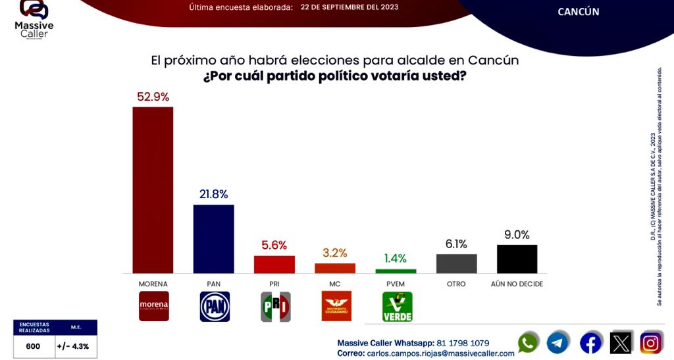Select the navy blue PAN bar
(x=213, y=238)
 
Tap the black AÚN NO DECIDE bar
(x=517, y=259)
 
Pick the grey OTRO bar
(x=456, y=263)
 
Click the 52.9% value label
(x=153, y=97)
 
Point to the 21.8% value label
(x=213, y=194)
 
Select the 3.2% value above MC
(x=334, y=253)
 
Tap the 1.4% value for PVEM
(x=396, y=258)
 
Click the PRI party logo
(x=275, y=307)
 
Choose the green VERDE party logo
(x=397, y=307)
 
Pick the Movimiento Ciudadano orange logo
(x=336, y=307)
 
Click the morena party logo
(x=153, y=306)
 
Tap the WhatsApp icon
(x=528, y=343)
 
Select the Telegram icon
(x=557, y=343)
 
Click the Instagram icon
(x=651, y=343)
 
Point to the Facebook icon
(x=590, y=343)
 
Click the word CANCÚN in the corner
(x=578, y=12)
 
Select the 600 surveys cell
(x=33, y=346)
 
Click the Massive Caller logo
(x=34, y=18)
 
